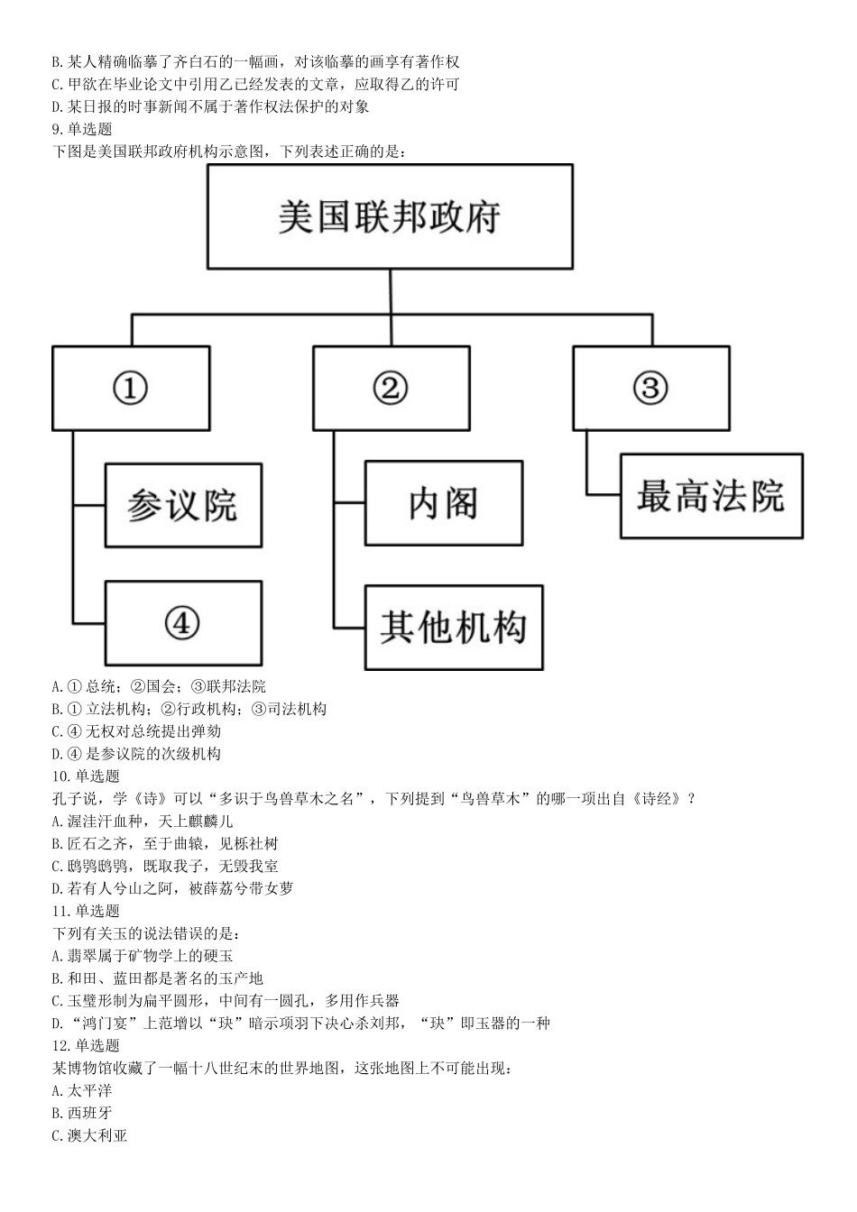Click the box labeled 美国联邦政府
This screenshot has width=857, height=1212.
click(390, 216)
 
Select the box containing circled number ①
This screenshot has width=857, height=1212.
click(131, 389)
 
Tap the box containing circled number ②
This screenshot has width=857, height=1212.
click(391, 389)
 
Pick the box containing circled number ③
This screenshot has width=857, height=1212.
click(650, 389)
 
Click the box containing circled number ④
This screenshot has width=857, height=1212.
click(183, 623)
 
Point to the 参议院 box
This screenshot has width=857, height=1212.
click(183, 506)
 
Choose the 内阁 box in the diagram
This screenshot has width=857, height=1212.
click(443, 503)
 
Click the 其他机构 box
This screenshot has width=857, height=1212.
click(453, 628)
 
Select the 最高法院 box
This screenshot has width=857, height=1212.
click(711, 496)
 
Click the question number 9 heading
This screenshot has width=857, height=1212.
click(82, 129)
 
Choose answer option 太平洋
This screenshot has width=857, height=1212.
click(82, 1090)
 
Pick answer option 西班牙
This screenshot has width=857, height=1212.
click(82, 1113)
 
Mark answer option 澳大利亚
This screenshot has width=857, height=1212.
click(89, 1135)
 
